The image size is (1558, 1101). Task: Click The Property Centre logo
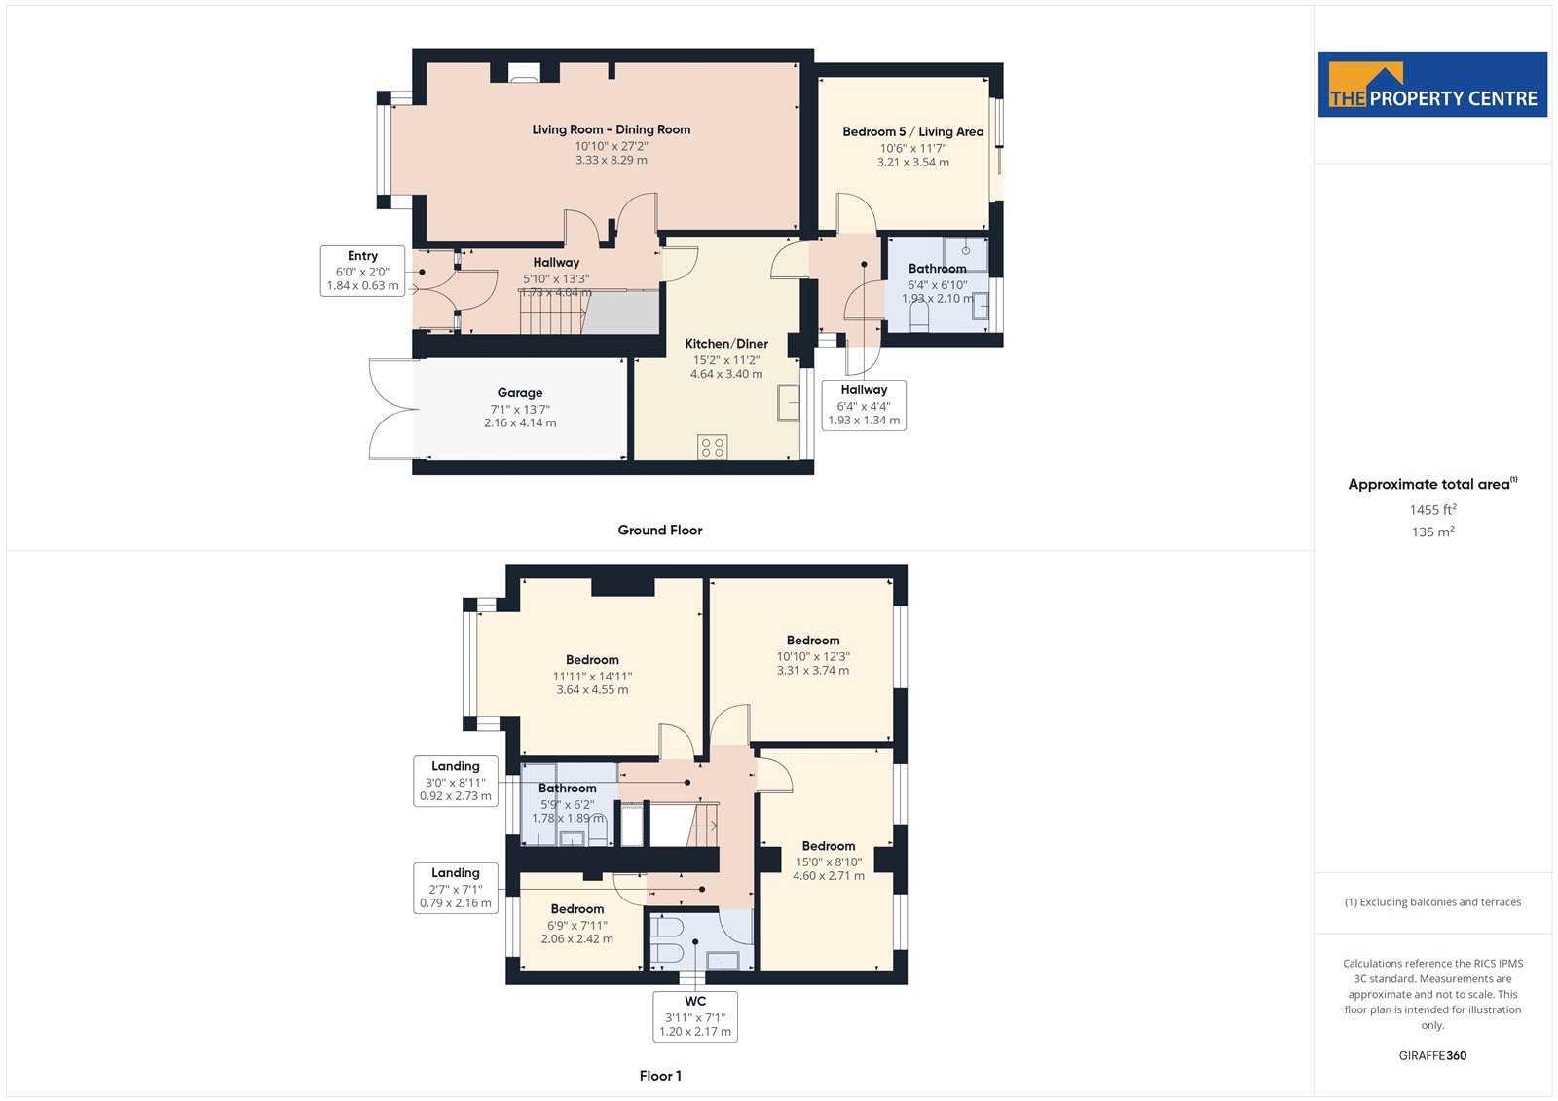click(x=1432, y=84)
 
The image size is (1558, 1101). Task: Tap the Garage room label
click(x=520, y=393)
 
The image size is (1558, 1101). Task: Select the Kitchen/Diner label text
click(x=726, y=344)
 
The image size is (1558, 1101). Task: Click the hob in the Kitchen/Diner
click(x=712, y=447)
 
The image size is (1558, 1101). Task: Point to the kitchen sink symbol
click(x=788, y=402)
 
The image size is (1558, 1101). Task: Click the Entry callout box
click(x=362, y=272)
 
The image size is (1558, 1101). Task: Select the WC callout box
click(x=695, y=1016)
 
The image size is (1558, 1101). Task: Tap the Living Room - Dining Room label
click(x=612, y=129)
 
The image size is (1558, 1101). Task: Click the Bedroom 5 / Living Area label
click(x=913, y=131)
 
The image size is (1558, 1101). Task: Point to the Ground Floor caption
click(x=660, y=530)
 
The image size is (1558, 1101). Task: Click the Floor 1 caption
click(x=660, y=1076)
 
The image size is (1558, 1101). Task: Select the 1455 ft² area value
click(x=1432, y=509)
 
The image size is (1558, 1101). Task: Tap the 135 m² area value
click(x=1432, y=532)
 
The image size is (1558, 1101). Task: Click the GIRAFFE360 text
click(x=1432, y=1055)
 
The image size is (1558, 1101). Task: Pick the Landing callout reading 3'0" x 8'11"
click(x=456, y=781)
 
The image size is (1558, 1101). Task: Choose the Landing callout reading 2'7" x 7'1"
click(x=456, y=888)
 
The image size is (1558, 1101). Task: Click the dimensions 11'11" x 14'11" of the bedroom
click(x=593, y=676)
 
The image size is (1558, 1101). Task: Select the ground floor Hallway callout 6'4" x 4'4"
click(x=864, y=406)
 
